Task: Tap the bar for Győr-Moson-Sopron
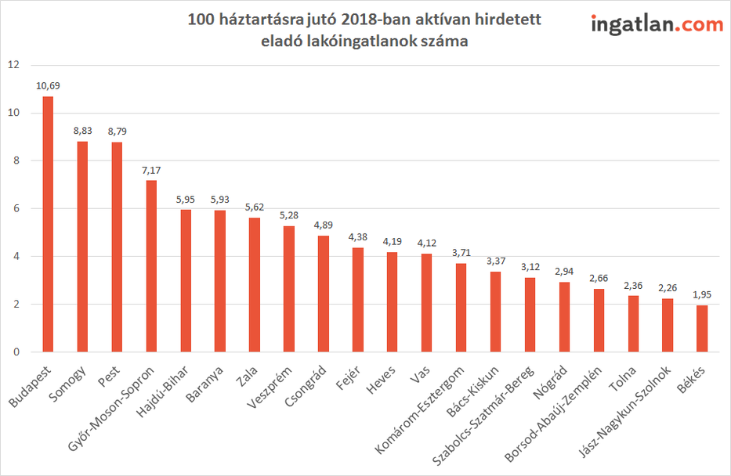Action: pyautogui.click(x=151, y=266)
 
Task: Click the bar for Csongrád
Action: pyautogui.click(x=324, y=294)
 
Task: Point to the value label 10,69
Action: pyautogui.click(x=48, y=85)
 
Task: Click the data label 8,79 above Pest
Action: pyautogui.click(x=117, y=131)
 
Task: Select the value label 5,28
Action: pyautogui.click(x=289, y=215)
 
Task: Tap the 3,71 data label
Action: pyautogui.click(x=461, y=252)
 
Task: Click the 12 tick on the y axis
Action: pyautogui.click(x=12, y=65)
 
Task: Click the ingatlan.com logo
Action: pyautogui.click(x=657, y=25)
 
